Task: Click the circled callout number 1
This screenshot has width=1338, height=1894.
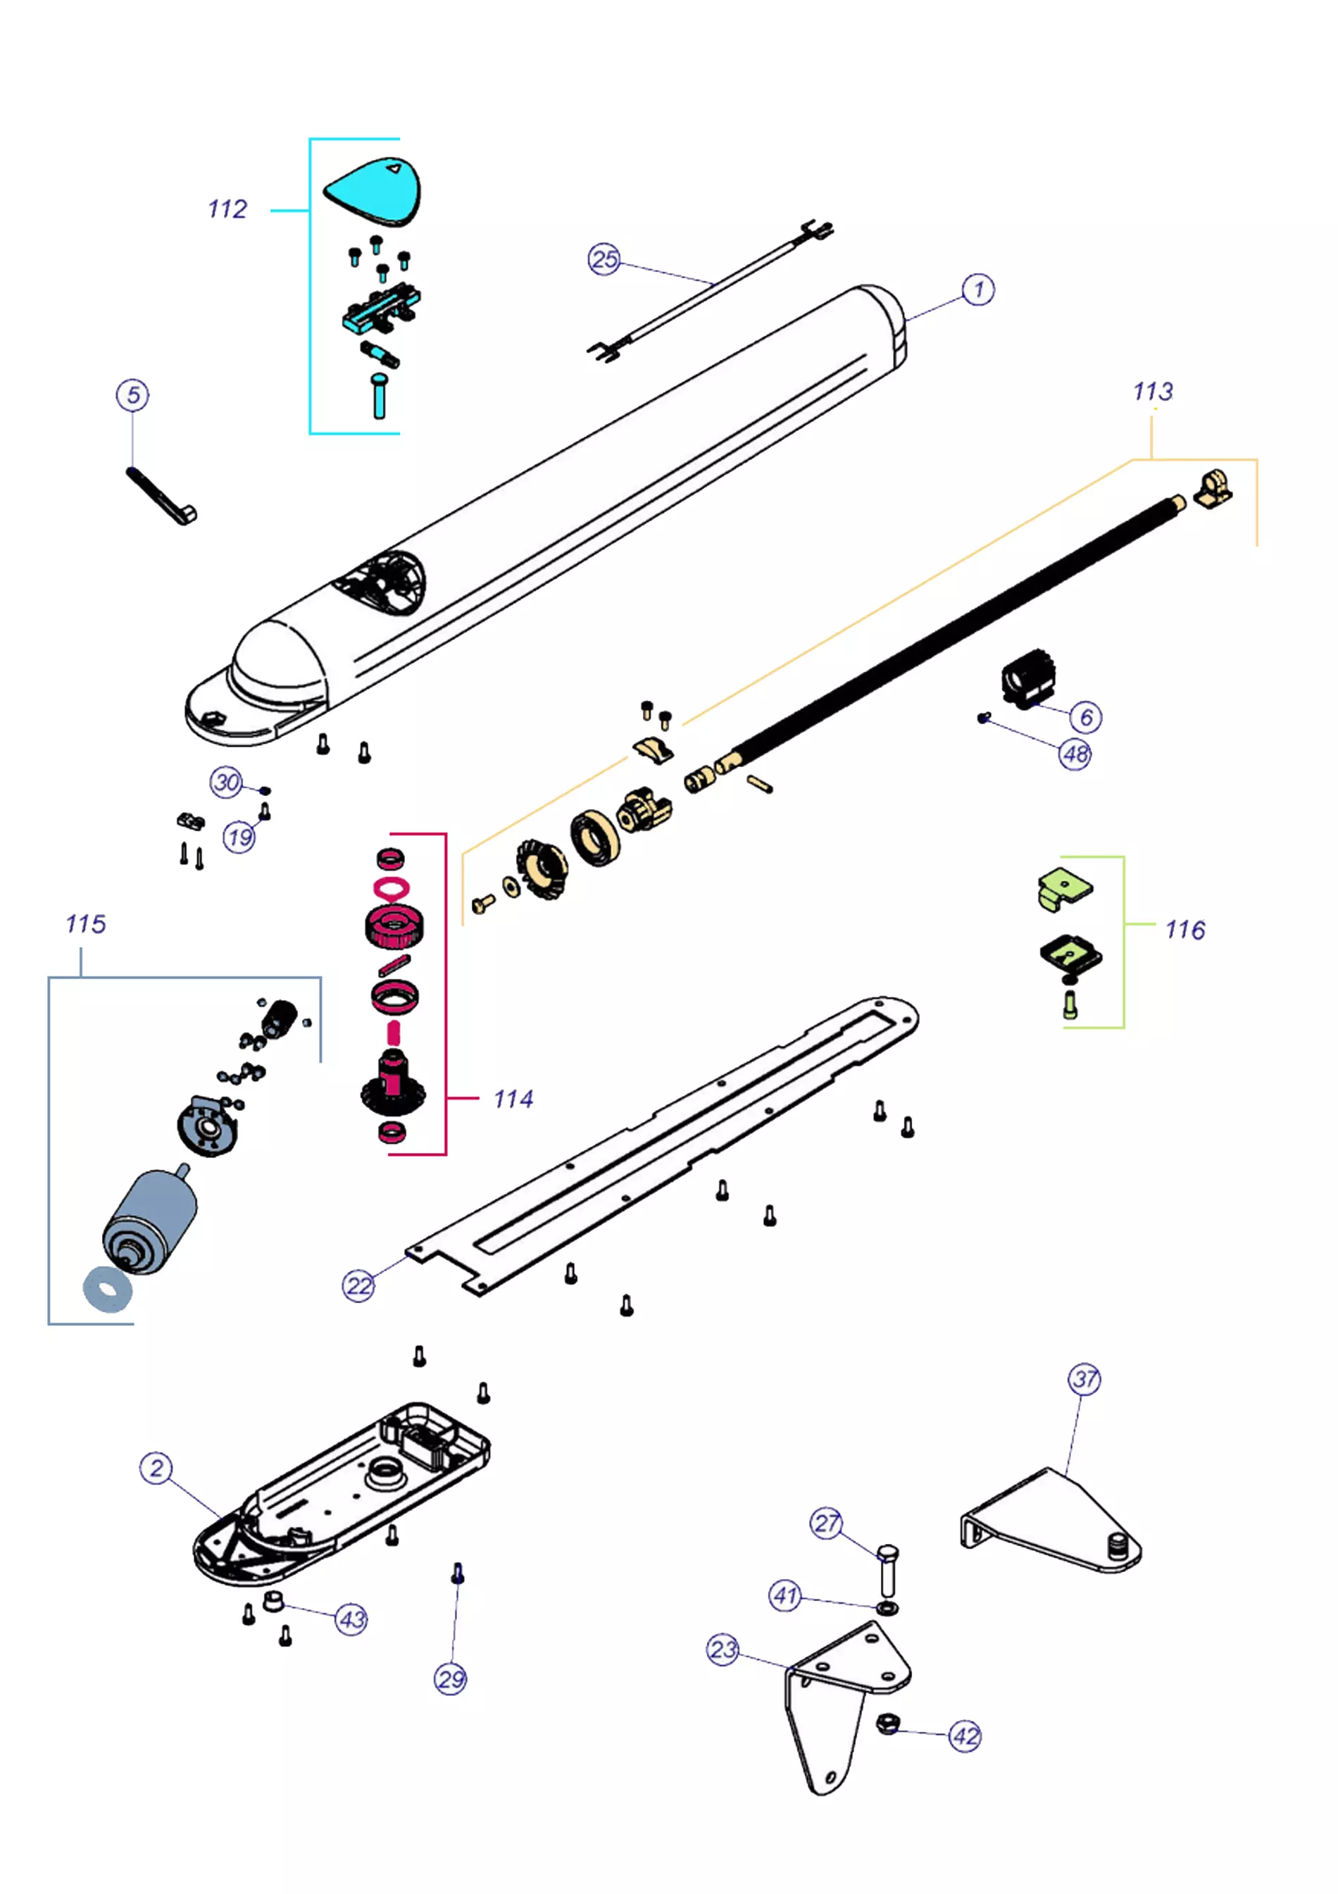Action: tap(977, 289)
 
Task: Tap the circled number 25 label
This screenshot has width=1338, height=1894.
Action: tap(604, 259)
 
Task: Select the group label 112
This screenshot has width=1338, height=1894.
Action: tap(227, 209)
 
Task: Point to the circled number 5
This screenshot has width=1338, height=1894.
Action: tap(133, 395)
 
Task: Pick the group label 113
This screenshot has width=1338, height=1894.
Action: tap(1151, 391)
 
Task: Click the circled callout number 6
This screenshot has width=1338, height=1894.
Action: tap(1086, 717)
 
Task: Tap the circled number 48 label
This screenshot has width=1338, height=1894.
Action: tap(1075, 754)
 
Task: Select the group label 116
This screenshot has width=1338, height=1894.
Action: tap(1184, 930)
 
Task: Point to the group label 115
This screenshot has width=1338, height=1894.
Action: tap(86, 924)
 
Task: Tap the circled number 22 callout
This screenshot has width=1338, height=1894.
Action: tap(359, 1286)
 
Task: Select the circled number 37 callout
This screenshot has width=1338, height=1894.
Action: tap(1084, 1379)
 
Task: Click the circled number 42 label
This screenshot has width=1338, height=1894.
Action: tap(965, 1736)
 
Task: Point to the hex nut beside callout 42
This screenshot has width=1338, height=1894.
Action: tap(887, 1724)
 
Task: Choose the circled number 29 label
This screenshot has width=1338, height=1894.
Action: tap(451, 1679)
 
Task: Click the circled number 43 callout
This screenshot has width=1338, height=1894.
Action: tap(351, 1619)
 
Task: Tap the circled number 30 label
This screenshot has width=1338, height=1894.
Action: tap(226, 782)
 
